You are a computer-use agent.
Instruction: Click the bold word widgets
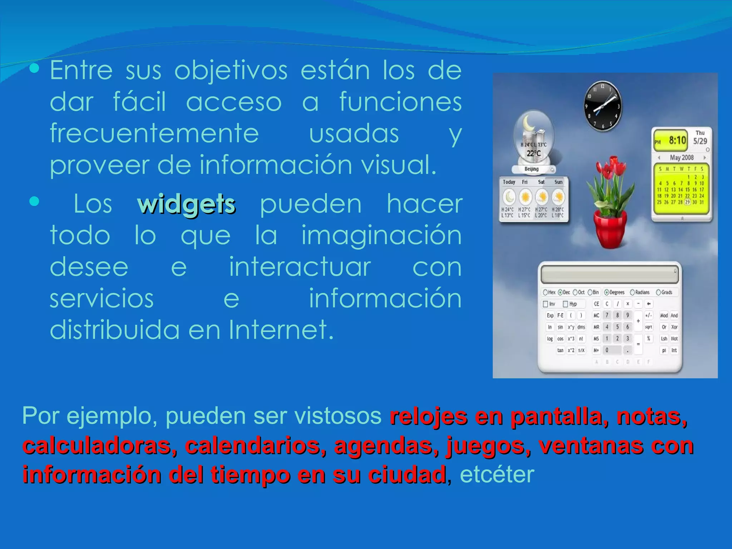tap(186, 204)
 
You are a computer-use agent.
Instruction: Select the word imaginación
tap(381, 236)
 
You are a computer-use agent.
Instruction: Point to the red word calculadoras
tap(100, 446)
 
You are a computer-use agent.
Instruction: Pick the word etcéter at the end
tap(497, 475)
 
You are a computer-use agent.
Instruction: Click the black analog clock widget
tap(603, 106)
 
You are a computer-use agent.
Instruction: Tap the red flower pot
tap(610, 229)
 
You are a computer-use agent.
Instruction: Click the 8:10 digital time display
tap(677, 140)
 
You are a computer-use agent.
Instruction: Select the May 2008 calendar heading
tap(682, 158)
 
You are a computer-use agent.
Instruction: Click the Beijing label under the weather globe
tap(531, 169)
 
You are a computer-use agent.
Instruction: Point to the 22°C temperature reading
tap(534, 153)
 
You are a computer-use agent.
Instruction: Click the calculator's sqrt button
tap(648, 327)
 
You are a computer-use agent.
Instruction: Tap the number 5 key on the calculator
tap(617, 327)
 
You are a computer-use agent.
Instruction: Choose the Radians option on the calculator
tap(640, 292)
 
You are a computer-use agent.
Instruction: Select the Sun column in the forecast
tap(558, 199)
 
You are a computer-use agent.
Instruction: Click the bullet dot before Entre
tap(34, 69)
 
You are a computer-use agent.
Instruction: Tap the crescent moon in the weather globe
tap(528, 123)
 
